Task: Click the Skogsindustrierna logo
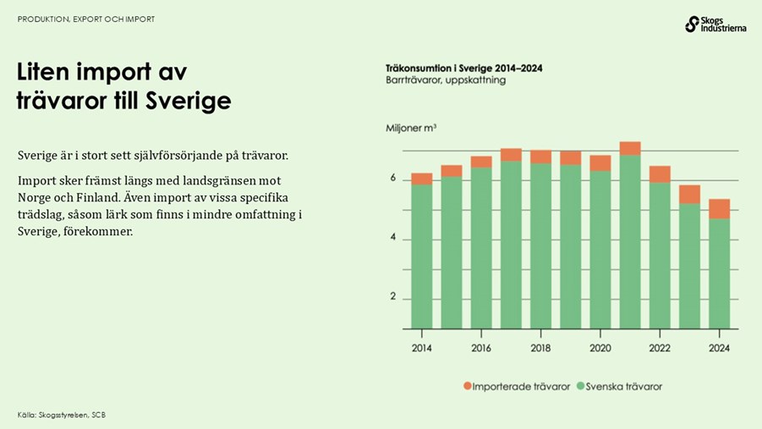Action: point(715,25)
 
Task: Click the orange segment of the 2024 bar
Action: point(719,208)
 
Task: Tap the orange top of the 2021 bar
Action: point(629,148)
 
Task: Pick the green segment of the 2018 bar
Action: point(540,245)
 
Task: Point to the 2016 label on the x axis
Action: point(481,348)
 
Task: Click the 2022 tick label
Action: point(660,348)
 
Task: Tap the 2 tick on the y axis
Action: point(392,298)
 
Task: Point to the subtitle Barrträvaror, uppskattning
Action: point(445,80)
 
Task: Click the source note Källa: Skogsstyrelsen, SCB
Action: point(62,415)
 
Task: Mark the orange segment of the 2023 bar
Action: point(689,194)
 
